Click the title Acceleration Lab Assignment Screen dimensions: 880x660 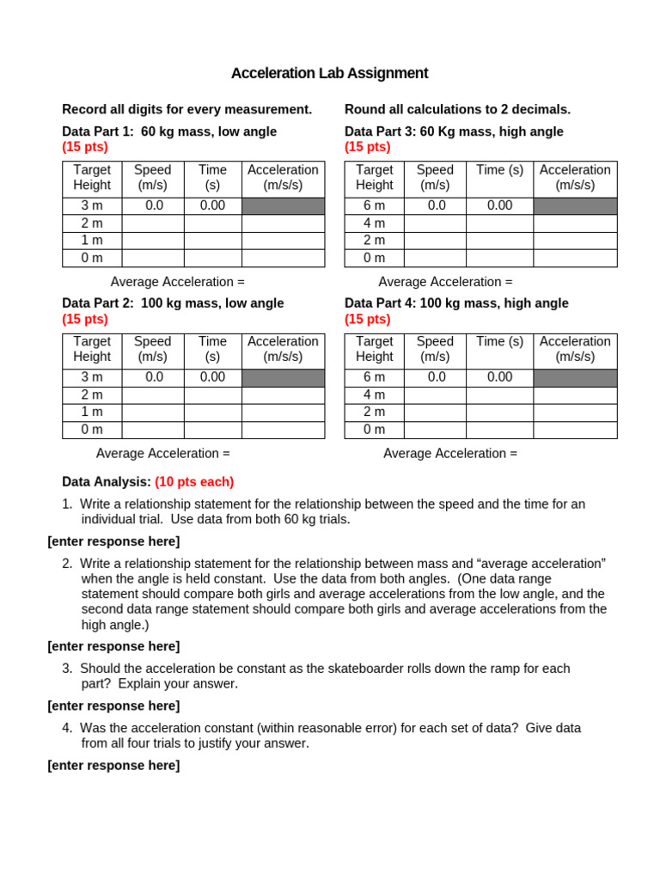(329, 74)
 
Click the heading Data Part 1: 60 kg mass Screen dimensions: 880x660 (169, 131)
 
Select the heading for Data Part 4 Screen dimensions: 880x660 (456, 303)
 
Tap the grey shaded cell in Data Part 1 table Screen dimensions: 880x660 (283, 206)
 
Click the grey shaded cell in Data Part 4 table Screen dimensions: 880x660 (575, 378)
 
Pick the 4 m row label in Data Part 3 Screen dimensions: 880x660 (374, 223)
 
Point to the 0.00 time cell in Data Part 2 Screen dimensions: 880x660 (212, 377)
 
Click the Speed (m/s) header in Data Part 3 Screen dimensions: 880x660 (435, 177)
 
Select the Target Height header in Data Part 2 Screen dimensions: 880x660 (92, 349)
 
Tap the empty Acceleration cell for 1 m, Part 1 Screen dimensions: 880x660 (283, 241)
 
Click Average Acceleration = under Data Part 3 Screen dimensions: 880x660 (445, 282)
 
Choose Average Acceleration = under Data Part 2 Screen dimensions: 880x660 (163, 454)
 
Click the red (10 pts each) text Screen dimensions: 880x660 (194, 482)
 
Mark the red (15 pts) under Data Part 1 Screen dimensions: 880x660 (85, 147)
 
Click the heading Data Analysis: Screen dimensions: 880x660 (107, 482)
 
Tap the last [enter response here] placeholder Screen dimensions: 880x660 (113, 766)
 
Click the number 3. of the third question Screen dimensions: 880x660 (67, 669)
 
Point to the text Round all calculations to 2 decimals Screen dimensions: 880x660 (457, 109)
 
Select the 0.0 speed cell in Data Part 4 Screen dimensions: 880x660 (435, 377)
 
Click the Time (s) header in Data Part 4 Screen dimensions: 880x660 (499, 342)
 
